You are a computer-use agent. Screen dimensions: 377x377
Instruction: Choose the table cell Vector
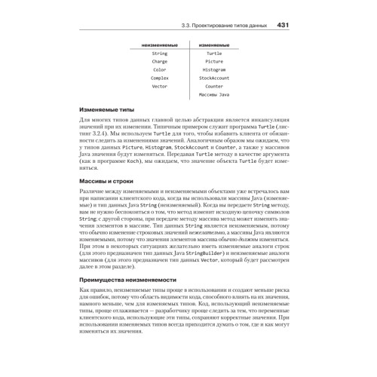[160, 86]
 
